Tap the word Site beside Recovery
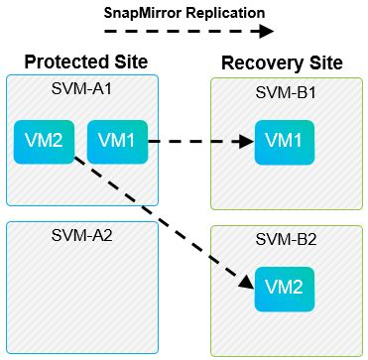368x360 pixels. tap(326, 62)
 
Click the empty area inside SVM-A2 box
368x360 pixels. tap(82, 298)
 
